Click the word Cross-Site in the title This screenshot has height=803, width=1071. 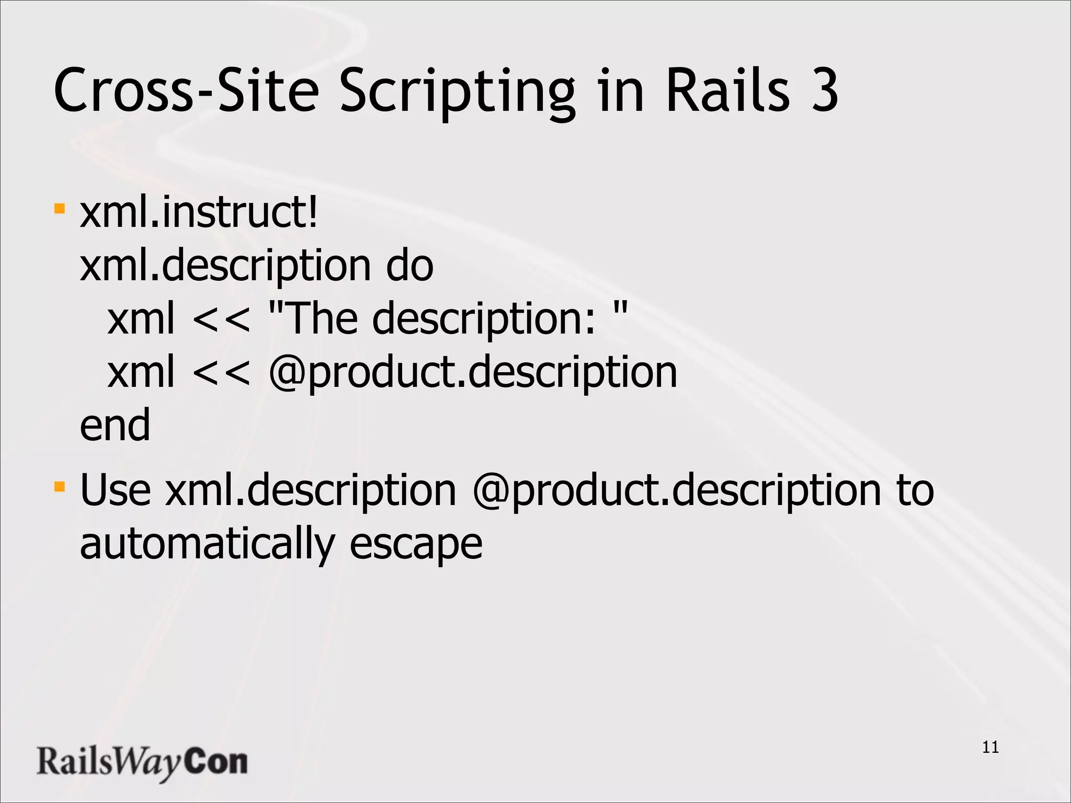pos(186,90)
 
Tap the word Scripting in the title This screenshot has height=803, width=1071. pos(457,91)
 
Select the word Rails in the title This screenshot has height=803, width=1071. pos(727,90)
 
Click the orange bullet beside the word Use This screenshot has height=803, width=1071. pos(60,487)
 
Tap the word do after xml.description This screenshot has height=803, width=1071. pos(409,266)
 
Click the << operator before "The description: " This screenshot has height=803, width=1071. pos(221,319)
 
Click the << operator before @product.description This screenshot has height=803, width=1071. pos(221,373)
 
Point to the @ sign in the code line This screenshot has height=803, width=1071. pos(287,373)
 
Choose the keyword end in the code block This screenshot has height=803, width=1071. pos(115,426)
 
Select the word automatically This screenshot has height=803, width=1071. pos(207,544)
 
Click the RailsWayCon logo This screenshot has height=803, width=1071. pos(142,763)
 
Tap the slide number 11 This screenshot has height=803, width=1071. pos(990,747)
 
